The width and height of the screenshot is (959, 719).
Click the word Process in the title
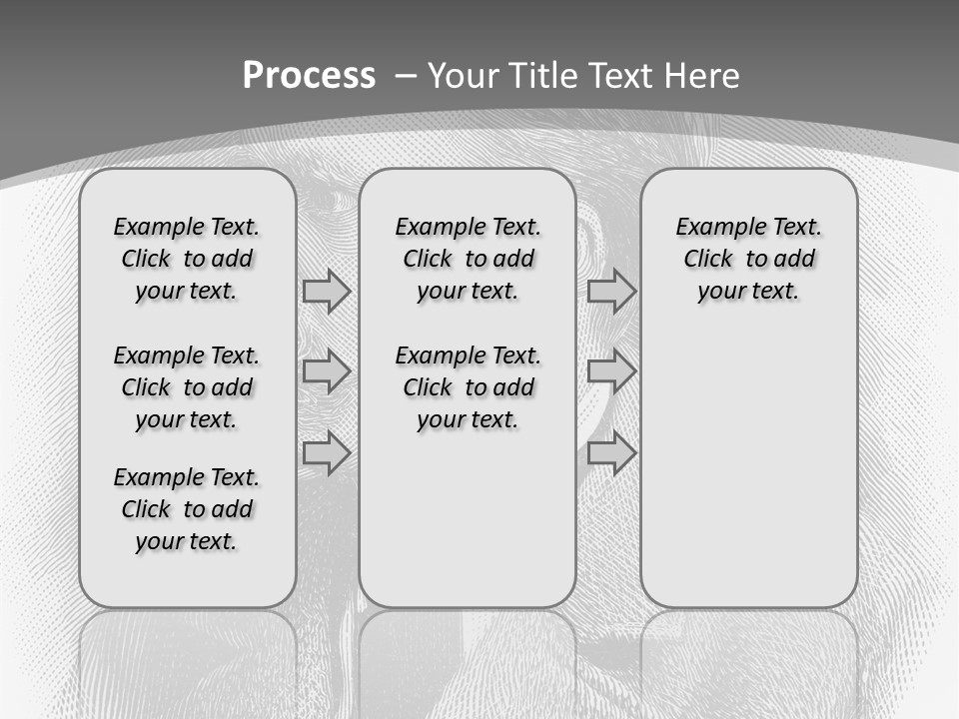pos(309,76)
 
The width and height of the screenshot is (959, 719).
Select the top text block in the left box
pos(186,259)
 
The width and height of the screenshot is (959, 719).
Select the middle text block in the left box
pos(186,387)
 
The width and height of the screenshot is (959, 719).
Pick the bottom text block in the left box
pos(186,509)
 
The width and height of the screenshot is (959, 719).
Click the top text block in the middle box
pos(468,259)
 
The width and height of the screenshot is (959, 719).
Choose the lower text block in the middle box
pos(468,387)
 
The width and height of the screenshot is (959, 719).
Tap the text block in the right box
pos(748,259)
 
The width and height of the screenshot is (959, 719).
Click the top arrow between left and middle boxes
pos(327,291)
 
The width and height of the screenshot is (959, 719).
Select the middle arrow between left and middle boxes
pos(327,371)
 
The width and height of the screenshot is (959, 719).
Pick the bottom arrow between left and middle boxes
pos(327,452)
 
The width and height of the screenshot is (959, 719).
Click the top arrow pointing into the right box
pos(611,291)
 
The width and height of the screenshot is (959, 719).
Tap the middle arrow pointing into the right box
pos(611,371)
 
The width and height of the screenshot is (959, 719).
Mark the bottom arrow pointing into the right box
pos(611,452)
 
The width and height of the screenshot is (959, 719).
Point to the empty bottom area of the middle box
pos(468,529)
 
